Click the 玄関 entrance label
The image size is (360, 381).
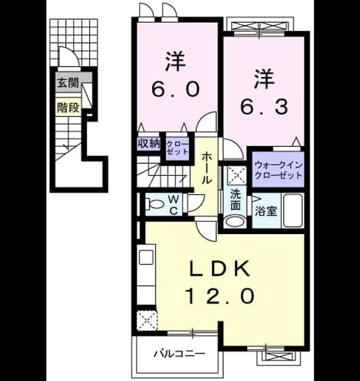point(68,83)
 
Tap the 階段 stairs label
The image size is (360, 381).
point(68,108)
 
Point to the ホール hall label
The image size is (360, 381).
point(206,168)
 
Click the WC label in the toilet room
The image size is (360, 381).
point(174,206)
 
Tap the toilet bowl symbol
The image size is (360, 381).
point(155,204)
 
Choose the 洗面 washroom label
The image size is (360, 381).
point(235,199)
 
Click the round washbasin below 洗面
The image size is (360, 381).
point(235,221)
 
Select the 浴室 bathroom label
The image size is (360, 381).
point(266,211)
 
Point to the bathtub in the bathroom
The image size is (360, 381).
point(293,210)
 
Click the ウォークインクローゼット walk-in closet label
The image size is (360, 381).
point(278,170)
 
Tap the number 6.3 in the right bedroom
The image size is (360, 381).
point(264,107)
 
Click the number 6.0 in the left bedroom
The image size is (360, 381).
point(175,89)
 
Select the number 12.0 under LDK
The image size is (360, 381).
point(220,296)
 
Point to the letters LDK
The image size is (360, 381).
point(220,269)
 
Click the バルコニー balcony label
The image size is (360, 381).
point(179,354)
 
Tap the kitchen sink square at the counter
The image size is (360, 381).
point(146,257)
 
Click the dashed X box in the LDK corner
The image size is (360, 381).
point(147,321)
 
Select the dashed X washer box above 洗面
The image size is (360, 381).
point(237,175)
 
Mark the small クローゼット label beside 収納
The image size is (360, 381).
point(177,148)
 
